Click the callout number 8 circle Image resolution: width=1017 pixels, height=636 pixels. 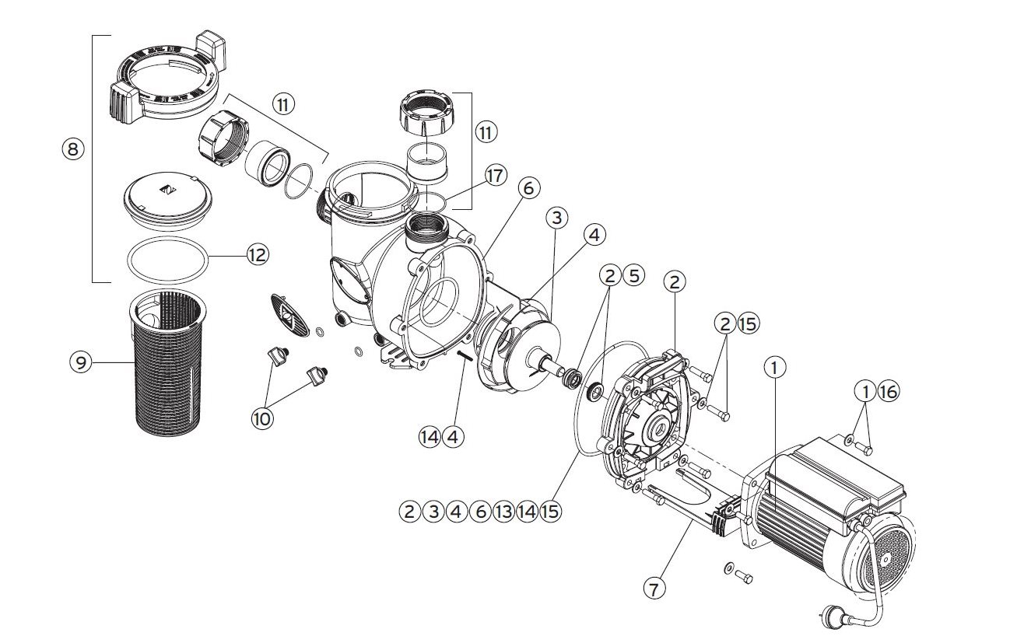click(72, 150)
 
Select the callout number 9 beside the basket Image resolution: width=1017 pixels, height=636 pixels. click(79, 362)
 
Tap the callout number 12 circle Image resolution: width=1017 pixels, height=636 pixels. click(257, 253)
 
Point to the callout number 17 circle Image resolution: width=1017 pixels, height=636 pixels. click(495, 176)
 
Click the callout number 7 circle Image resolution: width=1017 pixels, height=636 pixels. click(654, 589)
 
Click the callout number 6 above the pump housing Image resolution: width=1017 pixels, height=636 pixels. click(529, 189)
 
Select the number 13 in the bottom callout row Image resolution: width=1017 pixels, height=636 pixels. click(503, 512)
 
